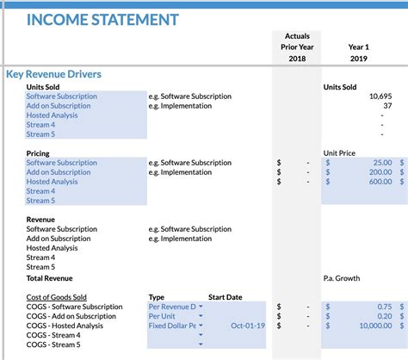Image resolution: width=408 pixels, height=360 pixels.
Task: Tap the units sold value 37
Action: click(387, 106)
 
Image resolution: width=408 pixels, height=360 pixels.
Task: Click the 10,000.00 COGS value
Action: click(370, 326)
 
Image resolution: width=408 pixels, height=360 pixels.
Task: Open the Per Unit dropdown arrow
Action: click(201, 316)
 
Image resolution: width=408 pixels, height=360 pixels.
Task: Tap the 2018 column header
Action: click(296, 59)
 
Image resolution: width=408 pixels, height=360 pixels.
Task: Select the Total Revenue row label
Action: click(47, 278)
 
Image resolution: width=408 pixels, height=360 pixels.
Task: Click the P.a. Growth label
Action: click(342, 278)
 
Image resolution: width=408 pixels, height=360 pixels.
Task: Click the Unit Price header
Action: click(339, 153)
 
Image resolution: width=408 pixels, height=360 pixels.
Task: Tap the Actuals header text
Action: click(296, 36)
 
